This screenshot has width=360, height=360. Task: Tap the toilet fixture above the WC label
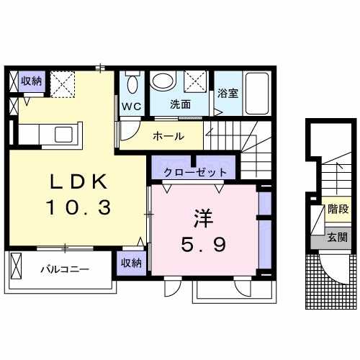click(x=132, y=83)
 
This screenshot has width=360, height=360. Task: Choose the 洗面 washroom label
click(x=180, y=104)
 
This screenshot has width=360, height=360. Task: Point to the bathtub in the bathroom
click(x=256, y=92)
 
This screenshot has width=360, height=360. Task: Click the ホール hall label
click(x=168, y=136)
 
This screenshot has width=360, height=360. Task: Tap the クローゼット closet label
click(x=195, y=172)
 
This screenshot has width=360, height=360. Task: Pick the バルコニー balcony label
click(x=64, y=269)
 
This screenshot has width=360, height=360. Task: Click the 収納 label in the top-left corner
click(x=31, y=80)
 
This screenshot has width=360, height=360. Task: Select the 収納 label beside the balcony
click(x=131, y=263)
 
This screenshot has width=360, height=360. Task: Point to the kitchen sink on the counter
click(x=60, y=135)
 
